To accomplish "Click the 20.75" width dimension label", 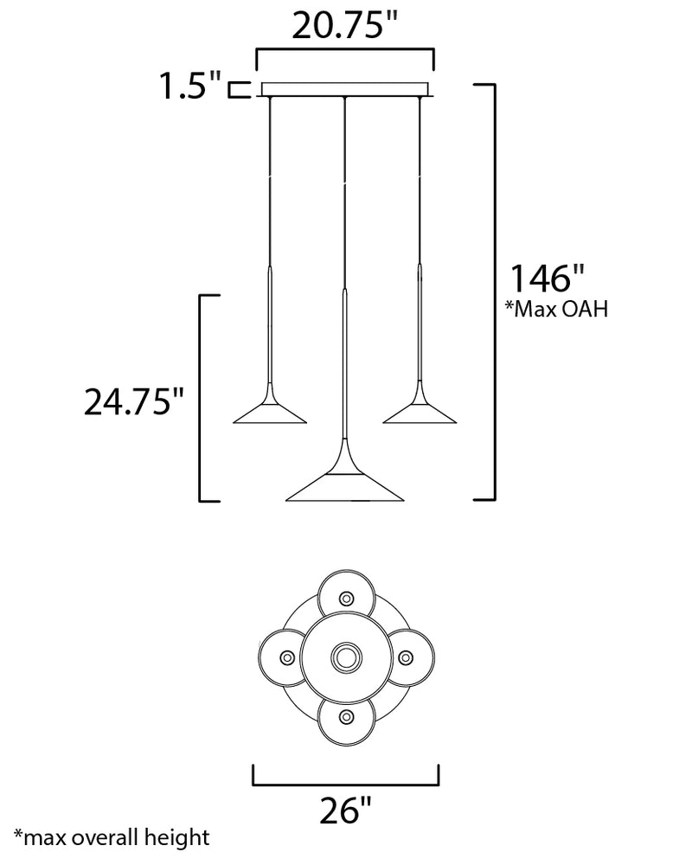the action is point(344,25).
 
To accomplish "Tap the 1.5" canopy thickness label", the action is point(190,86).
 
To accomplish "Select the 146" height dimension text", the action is point(547,278).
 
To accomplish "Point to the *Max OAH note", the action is point(557,309).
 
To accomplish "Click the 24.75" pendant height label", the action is point(133,401).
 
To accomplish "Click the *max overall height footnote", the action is point(112,837).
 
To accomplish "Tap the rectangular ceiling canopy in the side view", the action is point(345,89).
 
